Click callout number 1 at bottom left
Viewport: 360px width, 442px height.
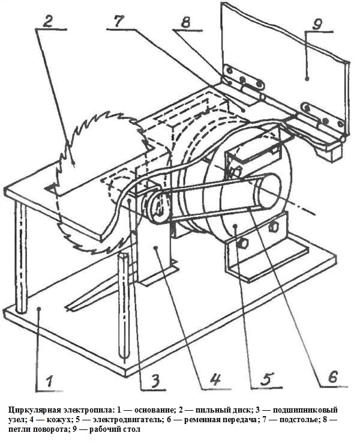click(x=49, y=381)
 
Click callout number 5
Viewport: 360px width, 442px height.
click(x=266, y=378)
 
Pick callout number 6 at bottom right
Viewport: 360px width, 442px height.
click(x=333, y=377)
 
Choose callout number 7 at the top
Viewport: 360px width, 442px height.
click(x=120, y=21)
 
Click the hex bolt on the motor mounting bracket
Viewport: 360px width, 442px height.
click(x=242, y=244)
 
